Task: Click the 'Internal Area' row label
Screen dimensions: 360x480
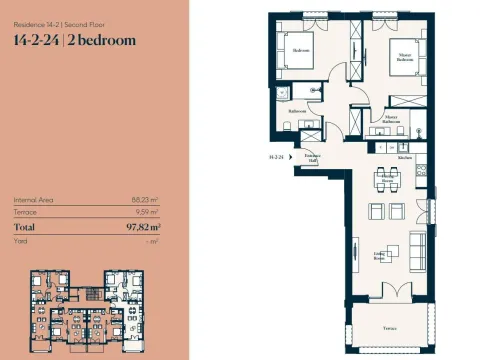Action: [x=33, y=200]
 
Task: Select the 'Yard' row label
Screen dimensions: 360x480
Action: [x=21, y=241]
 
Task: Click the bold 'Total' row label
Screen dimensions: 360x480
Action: [x=25, y=227]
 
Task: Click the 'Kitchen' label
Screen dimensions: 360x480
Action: [x=405, y=158]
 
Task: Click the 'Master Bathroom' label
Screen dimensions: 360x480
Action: [x=391, y=118]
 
